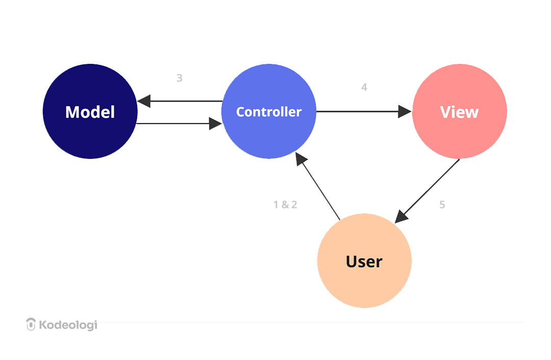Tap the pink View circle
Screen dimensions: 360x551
[459, 135]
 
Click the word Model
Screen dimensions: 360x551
[90, 112]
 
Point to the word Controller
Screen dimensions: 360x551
[269, 112]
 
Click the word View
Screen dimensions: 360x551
[459, 112]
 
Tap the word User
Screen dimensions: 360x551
[364, 261]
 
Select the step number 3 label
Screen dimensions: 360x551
[180, 78]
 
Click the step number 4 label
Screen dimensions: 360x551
[364, 87]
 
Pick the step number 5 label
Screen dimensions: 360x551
[442, 205]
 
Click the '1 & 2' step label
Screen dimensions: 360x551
[285, 205]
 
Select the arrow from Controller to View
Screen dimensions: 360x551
[357, 111]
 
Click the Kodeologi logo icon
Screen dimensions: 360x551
[31, 324]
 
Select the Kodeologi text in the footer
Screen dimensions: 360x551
[68, 325]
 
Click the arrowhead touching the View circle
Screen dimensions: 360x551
[405, 111]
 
